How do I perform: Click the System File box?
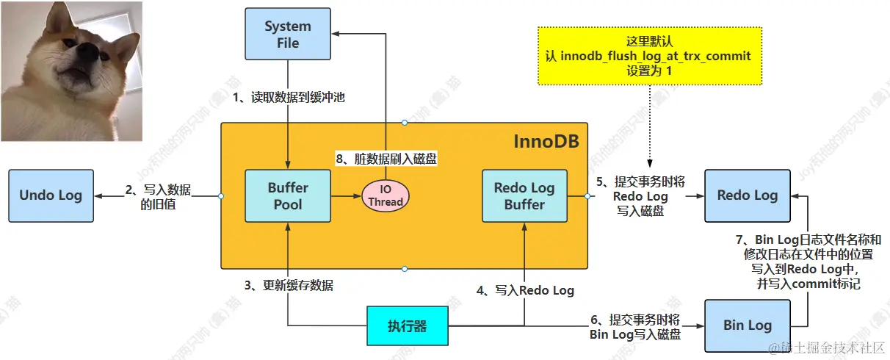coord(288,34)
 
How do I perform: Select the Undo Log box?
coord(51,195)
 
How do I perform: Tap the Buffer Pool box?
coord(288,195)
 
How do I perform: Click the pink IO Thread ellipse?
coord(386,195)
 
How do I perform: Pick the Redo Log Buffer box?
coord(524,195)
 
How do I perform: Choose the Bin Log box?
coord(748,325)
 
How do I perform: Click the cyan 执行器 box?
coord(408,325)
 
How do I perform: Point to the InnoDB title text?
coord(546,142)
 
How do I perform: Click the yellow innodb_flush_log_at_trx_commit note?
coord(650,56)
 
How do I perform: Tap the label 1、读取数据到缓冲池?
coord(289,98)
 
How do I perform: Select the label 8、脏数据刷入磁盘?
coord(386,159)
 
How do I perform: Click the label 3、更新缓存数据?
coord(289,285)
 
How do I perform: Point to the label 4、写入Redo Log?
coord(525,290)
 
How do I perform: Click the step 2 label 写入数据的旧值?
coord(158,197)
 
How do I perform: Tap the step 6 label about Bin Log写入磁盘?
coord(635,327)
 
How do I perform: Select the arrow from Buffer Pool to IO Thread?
coord(346,196)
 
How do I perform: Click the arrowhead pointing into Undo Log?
coord(98,196)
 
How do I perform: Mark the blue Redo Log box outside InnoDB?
coord(748,195)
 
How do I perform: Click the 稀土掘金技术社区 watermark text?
coord(826,348)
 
